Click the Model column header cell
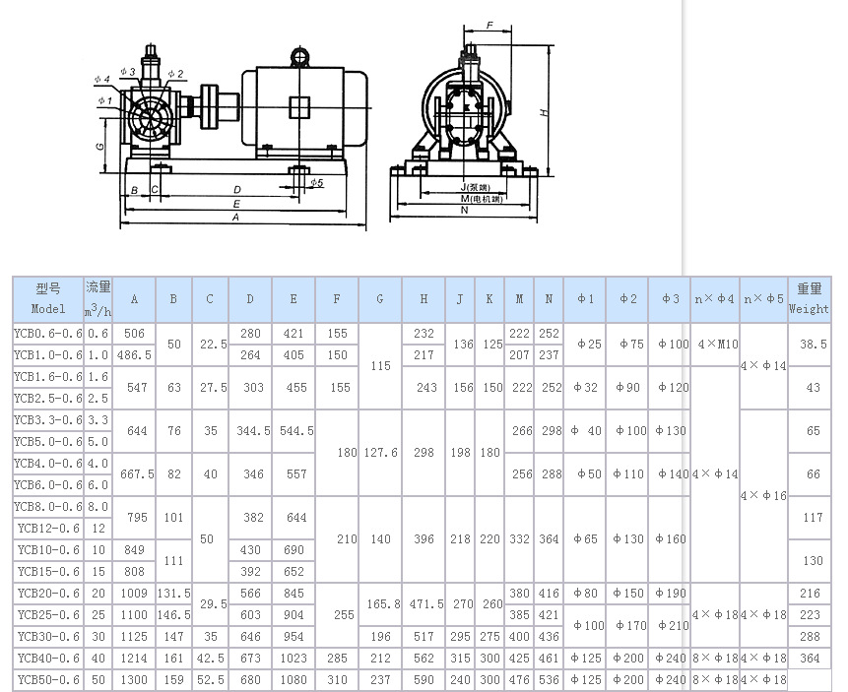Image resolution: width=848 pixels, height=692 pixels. (x=48, y=299)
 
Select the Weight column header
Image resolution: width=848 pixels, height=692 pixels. (x=810, y=299)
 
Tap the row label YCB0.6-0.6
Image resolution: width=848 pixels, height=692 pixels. (x=48, y=334)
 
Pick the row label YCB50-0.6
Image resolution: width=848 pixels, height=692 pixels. (x=48, y=679)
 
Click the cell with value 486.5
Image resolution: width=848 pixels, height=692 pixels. (x=134, y=355)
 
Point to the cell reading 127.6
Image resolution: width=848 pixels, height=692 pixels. (x=380, y=453)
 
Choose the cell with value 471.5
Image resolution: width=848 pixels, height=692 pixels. (x=424, y=603)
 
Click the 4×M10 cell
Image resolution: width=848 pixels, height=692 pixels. (x=715, y=345)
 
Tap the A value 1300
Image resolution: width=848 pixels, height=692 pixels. (x=134, y=679)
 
